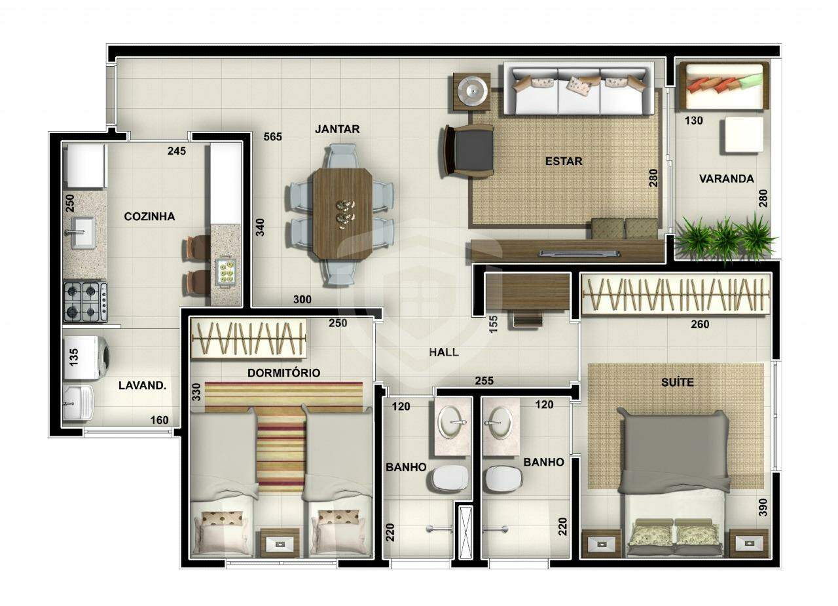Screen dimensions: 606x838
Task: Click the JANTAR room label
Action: coord(337,129)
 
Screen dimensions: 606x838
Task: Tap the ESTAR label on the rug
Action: coord(564,161)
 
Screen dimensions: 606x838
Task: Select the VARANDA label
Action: coord(726,179)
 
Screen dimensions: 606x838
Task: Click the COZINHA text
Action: coord(149,216)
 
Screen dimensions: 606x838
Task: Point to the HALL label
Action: coord(444,352)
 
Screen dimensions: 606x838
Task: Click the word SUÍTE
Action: coord(677,382)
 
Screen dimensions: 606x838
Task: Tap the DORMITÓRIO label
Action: coord(283,373)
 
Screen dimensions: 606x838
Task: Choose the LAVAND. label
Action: coord(142,386)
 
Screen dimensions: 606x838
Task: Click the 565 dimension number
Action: coord(273,137)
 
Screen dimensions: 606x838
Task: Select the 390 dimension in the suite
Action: coord(762,508)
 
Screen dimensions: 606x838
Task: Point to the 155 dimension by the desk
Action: coord(494,323)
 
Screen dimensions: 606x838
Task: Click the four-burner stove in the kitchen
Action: coord(85,301)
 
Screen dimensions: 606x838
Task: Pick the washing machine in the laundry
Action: coord(88,358)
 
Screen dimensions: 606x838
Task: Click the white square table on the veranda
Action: coord(742,135)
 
